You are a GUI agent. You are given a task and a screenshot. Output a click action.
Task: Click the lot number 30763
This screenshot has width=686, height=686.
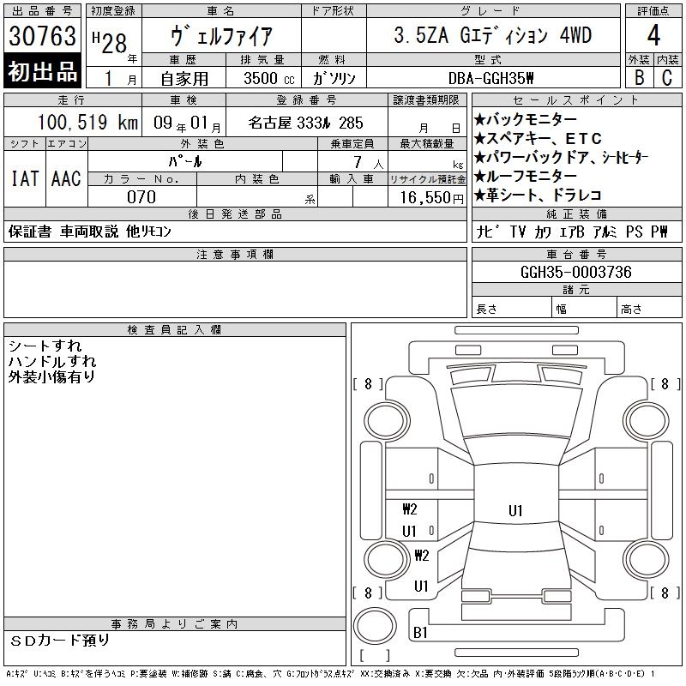point(42,35)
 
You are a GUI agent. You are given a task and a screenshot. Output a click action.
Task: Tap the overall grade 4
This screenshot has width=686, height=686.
point(653,35)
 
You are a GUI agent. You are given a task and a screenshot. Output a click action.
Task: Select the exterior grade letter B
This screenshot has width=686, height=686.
point(639,77)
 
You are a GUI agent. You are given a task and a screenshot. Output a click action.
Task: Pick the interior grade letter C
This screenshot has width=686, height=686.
point(667,77)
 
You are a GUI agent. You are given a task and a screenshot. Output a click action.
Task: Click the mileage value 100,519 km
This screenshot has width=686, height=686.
point(87,122)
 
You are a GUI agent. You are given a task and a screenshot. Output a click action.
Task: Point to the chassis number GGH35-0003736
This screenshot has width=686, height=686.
point(575,272)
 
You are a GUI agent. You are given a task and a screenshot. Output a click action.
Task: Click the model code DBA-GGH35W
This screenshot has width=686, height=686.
point(491,78)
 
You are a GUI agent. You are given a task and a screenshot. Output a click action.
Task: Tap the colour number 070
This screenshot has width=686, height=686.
point(141,197)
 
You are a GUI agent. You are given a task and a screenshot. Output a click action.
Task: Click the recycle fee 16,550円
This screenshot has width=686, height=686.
point(432,198)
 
